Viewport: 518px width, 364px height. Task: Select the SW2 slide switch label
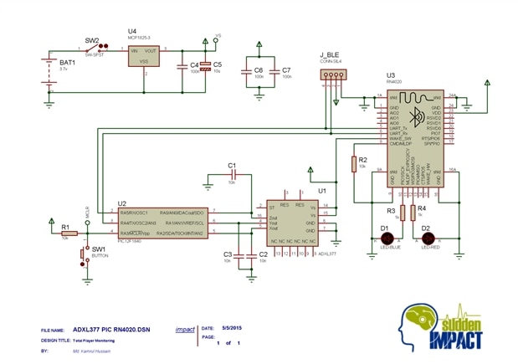click(x=92, y=40)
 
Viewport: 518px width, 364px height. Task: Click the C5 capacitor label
click(x=217, y=64)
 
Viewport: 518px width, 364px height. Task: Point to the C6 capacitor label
click(x=259, y=70)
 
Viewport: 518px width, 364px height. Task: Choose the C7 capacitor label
click(x=286, y=70)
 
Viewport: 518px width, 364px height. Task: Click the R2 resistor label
click(x=362, y=158)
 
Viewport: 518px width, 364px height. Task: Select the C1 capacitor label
click(x=232, y=166)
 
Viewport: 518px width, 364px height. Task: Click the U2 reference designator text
click(x=122, y=203)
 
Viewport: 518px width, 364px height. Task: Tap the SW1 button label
click(x=98, y=249)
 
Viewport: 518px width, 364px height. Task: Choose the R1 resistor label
click(x=64, y=227)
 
